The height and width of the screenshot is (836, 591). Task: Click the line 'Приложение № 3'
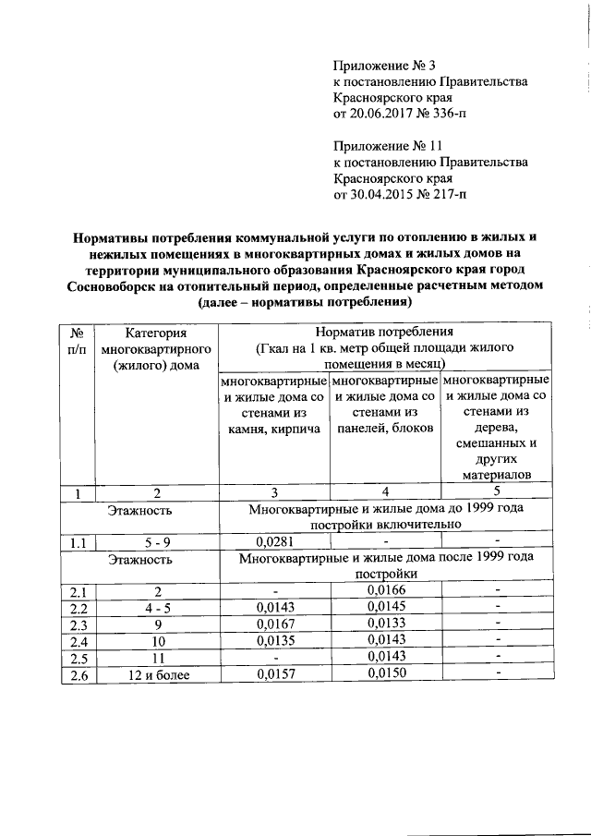pyautogui.click(x=383, y=65)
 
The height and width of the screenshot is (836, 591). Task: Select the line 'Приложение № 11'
pyautogui.click(x=388, y=146)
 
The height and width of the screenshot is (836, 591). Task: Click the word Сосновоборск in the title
pyautogui.click(x=112, y=286)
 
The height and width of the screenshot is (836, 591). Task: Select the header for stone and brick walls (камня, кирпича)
pyautogui.click(x=272, y=405)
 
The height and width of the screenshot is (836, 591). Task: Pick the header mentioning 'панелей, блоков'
pyautogui.click(x=384, y=405)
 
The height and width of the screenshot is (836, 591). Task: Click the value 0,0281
pyautogui.click(x=272, y=542)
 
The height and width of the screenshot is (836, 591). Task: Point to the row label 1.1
pyautogui.click(x=78, y=542)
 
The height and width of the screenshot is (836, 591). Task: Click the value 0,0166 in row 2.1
pyautogui.click(x=384, y=589)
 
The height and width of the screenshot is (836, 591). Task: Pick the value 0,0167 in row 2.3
pyautogui.click(x=272, y=624)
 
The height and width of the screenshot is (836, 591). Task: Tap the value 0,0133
pyautogui.click(x=384, y=624)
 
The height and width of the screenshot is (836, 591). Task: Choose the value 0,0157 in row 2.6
pyautogui.click(x=272, y=675)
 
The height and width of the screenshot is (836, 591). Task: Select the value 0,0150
pyautogui.click(x=384, y=675)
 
